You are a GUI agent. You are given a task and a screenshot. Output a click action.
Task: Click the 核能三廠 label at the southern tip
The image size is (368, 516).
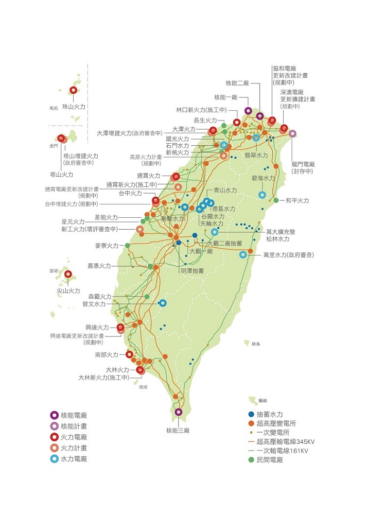(x=178, y=430)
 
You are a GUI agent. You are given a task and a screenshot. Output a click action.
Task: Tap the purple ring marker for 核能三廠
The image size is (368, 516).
(x=178, y=412)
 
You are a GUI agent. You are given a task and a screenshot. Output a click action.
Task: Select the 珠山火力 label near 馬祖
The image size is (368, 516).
(x=74, y=106)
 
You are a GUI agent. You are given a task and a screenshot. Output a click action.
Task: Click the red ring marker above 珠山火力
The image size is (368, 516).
(x=73, y=90)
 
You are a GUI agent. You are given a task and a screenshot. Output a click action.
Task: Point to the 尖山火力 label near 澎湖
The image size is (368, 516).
(x=68, y=290)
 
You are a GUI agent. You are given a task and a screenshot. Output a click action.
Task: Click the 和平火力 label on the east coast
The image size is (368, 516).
(x=297, y=200)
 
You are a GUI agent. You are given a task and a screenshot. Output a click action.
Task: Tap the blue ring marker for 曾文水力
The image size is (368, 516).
(x=163, y=303)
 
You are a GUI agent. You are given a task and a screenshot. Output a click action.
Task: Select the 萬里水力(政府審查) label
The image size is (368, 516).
(x=288, y=255)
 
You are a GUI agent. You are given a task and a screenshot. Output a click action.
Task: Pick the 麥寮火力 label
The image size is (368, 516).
(x=107, y=246)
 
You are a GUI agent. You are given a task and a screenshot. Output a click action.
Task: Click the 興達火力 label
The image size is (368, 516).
(x=97, y=327)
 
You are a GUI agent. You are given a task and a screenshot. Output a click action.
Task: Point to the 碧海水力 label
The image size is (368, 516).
(x=263, y=178)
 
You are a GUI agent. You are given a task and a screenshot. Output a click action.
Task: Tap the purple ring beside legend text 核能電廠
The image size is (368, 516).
(x=54, y=415)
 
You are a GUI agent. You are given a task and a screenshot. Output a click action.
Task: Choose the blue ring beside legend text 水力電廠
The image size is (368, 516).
(x=54, y=459)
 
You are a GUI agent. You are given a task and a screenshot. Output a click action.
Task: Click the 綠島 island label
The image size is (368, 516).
(x=256, y=343)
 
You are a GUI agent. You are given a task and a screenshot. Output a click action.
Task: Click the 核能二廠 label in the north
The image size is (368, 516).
(x=237, y=83)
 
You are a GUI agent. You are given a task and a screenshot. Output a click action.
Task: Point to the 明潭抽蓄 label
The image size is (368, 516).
(x=192, y=270)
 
